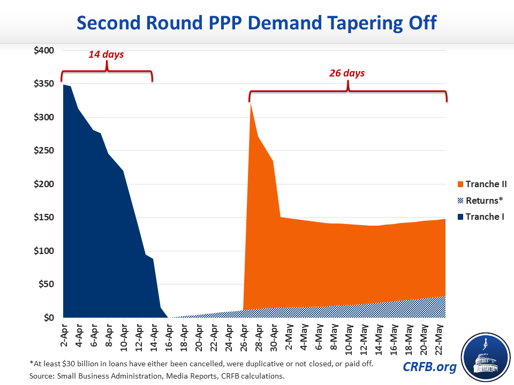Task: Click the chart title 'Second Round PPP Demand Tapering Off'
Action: [x=256, y=23]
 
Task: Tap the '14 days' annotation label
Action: [x=106, y=54]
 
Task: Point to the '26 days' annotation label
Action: [x=347, y=73]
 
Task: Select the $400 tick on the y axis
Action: [x=43, y=51]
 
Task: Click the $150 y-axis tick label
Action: [x=43, y=218]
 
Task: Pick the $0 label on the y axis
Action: [x=48, y=318]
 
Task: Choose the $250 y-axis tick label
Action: [x=43, y=151]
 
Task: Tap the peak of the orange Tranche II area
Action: [x=251, y=103]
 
